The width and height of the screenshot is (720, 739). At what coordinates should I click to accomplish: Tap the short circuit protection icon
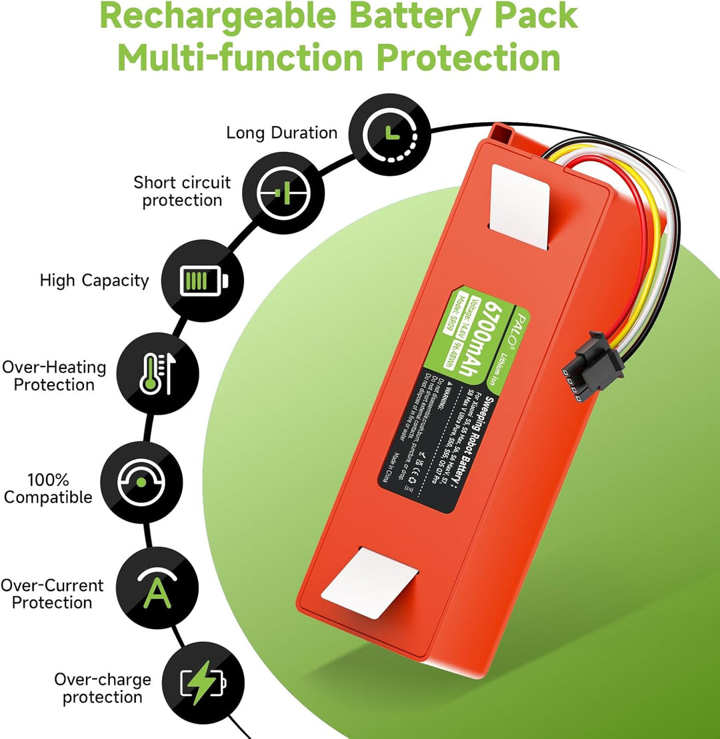(x=283, y=193)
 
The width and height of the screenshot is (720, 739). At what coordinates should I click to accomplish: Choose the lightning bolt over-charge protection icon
(x=203, y=684)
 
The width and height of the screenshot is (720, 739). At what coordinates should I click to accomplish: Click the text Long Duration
(x=281, y=133)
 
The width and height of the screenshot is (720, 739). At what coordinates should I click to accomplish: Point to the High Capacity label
(x=94, y=281)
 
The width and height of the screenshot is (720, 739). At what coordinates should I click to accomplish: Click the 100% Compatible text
(x=49, y=488)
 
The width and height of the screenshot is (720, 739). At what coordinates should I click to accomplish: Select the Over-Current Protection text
(x=52, y=594)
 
